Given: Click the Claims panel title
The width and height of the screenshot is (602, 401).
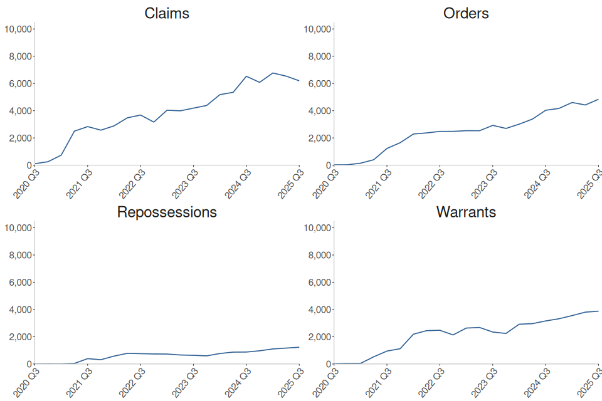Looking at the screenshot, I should click(x=167, y=13).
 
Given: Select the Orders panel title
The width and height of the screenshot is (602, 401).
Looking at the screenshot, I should click(x=466, y=13).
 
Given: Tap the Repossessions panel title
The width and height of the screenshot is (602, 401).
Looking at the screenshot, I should click(x=167, y=212).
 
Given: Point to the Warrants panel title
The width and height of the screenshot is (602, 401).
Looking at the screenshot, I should click(x=466, y=212).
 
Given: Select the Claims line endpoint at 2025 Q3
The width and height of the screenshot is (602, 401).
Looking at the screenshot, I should click(x=299, y=81).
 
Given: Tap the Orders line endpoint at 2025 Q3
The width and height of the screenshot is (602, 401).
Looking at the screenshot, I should click(x=598, y=99).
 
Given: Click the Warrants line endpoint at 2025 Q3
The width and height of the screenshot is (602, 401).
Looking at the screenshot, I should click(x=598, y=311).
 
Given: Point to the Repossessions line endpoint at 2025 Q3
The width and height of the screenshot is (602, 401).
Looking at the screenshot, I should click(x=299, y=347).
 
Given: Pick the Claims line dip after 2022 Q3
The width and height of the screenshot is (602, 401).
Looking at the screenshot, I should click(x=154, y=122).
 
